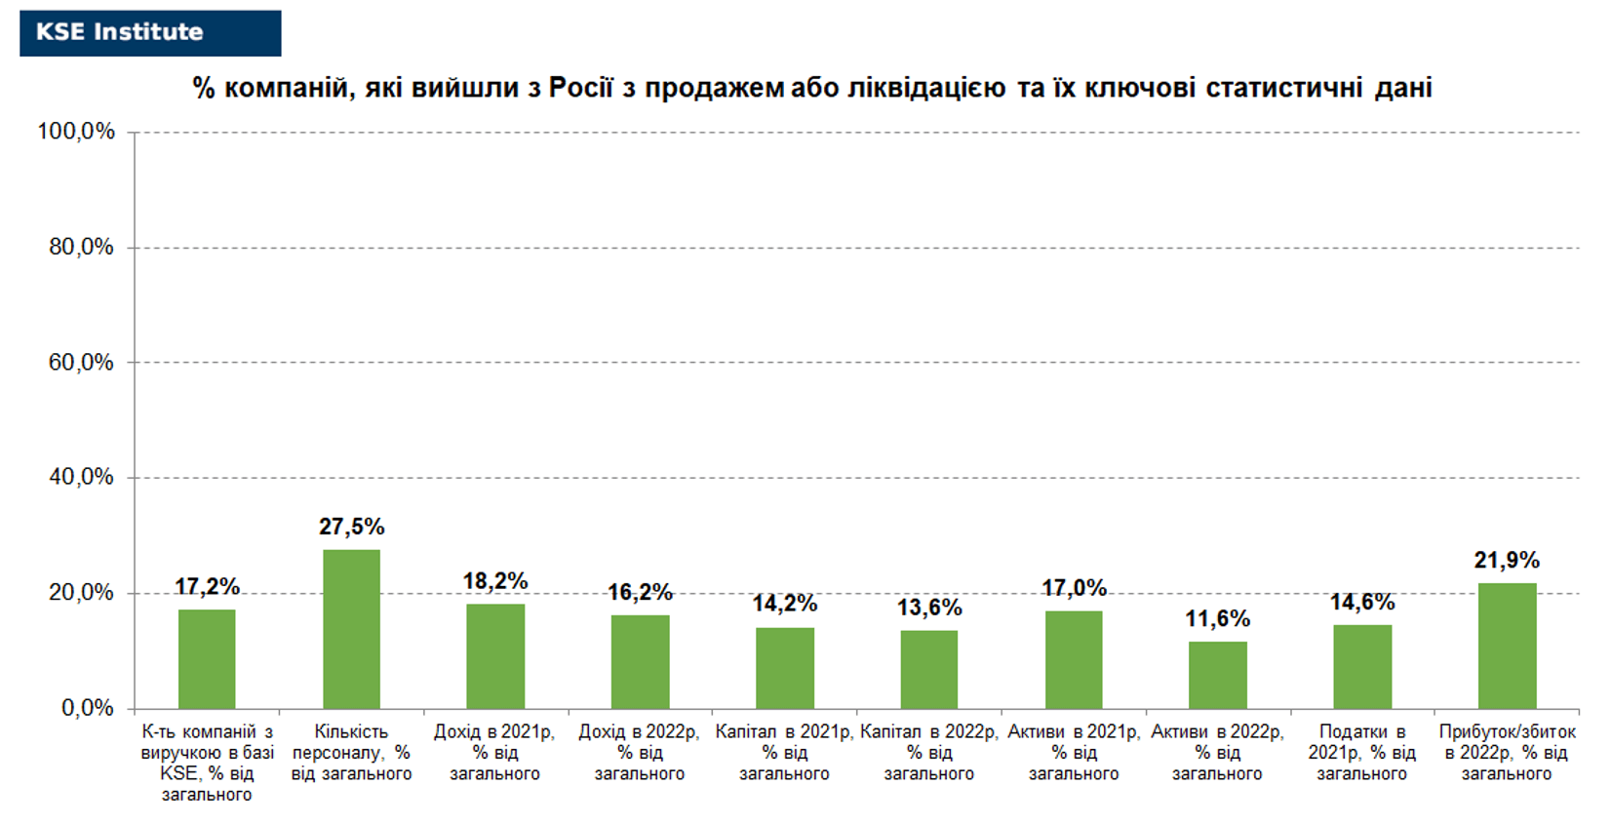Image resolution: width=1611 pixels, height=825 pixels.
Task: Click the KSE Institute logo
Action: [x=150, y=33]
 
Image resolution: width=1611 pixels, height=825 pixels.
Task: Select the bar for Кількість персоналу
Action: [x=352, y=629]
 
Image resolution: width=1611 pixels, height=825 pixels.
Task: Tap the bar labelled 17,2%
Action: [x=207, y=659]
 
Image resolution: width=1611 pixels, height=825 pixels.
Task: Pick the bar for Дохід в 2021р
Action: [x=495, y=656]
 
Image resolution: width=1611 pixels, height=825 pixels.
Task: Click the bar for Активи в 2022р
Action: [x=1218, y=676]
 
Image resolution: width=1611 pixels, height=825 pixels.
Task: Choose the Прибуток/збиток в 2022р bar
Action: [x=1508, y=646]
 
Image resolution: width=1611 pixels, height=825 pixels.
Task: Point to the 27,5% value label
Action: [x=352, y=528]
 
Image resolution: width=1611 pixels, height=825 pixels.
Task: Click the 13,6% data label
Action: [x=929, y=608]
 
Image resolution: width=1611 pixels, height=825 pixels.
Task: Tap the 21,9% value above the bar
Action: [x=1507, y=560]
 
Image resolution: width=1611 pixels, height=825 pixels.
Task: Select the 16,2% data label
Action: [x=640, y=592]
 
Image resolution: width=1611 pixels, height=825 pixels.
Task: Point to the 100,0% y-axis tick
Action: [x=76, y=131]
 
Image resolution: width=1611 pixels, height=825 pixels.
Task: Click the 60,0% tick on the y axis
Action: [x=81, y=362]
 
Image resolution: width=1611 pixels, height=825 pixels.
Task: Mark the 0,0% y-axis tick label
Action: [x=88, y=708]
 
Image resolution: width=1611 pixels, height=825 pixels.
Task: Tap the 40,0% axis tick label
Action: [x=81, y=477]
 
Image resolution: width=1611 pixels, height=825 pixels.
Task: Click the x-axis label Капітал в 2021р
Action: [x=784, y=753]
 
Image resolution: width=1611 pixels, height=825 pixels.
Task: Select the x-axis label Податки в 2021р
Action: [x=1362, y=753]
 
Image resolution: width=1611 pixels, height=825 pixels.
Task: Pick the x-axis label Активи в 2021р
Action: [x=1074, y=753]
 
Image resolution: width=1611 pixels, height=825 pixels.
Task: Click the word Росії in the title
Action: [x=581, y=88]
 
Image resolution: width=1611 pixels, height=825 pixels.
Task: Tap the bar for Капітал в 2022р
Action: [x=929, y=670]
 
